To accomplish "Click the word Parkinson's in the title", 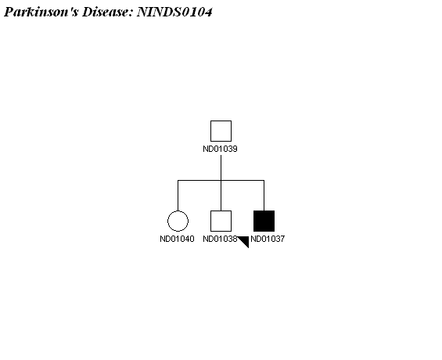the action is tap(41, 12).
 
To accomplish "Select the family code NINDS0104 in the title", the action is tap(174, 12).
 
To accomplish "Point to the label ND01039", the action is tap(220, 149).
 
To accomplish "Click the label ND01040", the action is tap(177, 239).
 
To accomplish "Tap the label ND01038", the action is tap(220, 239).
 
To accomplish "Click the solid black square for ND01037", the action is tap(264, 221).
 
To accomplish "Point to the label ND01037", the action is tap(268, 239).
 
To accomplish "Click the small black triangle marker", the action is tap(245, 241).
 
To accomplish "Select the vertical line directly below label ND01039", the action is tap(221, 167).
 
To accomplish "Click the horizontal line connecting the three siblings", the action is tap(221, 180).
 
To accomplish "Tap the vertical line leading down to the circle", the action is tap(178, 196).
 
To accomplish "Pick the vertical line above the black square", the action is tap(264, 196).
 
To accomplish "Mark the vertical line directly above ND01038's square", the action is tap(221, 196).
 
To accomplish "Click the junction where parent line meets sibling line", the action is tap(221, 180).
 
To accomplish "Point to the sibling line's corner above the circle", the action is tap(178, 180).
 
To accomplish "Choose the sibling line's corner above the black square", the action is tap(264, 180).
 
